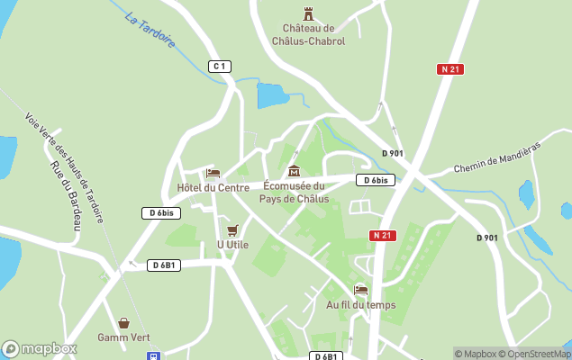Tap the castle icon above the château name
pos(309,13)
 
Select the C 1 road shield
pos(220,66)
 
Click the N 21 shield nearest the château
pos(451,69)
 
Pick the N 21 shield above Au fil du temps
pos(382,235)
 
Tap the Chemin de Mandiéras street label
pos(496,157)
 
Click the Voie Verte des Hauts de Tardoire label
pos(64,167)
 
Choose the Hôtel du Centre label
pos(213,187)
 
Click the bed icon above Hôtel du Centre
pos(213,173)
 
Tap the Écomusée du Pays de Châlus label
pos(294,193)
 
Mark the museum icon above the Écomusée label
pos(293,171)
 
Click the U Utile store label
pos(232,244)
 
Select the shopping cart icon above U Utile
pos(233,229)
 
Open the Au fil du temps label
pos(360,304)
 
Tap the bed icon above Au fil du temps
pos(361,290)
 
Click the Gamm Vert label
pos(123,337)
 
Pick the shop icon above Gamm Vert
pos(123,322)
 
